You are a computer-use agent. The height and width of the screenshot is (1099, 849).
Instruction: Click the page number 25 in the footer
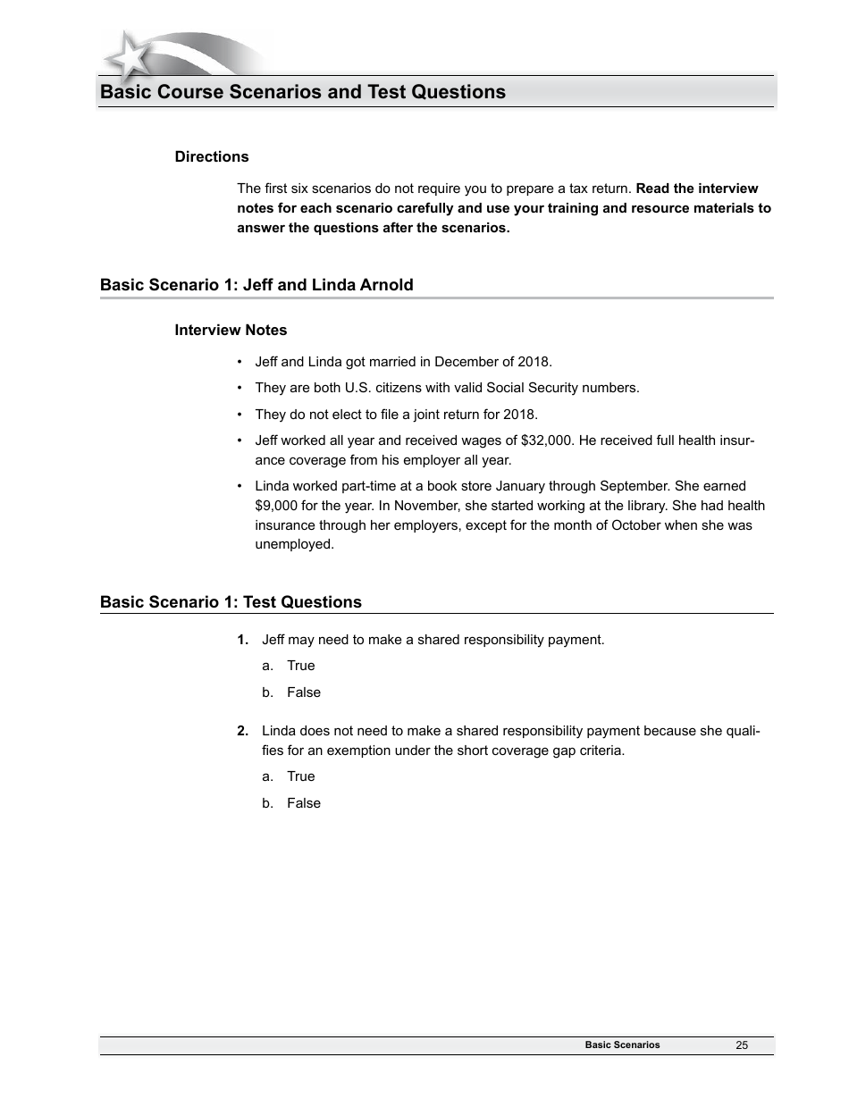742,1045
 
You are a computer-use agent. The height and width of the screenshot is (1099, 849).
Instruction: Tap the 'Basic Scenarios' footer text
622,1044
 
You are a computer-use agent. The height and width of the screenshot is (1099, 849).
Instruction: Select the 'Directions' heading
212,157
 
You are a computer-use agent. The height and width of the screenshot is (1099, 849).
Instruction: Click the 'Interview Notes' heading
231,331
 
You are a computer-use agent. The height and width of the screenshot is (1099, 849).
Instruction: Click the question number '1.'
242,640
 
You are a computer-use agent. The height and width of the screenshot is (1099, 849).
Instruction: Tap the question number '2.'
242,731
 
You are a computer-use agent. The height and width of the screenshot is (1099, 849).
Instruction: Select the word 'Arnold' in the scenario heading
386,286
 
